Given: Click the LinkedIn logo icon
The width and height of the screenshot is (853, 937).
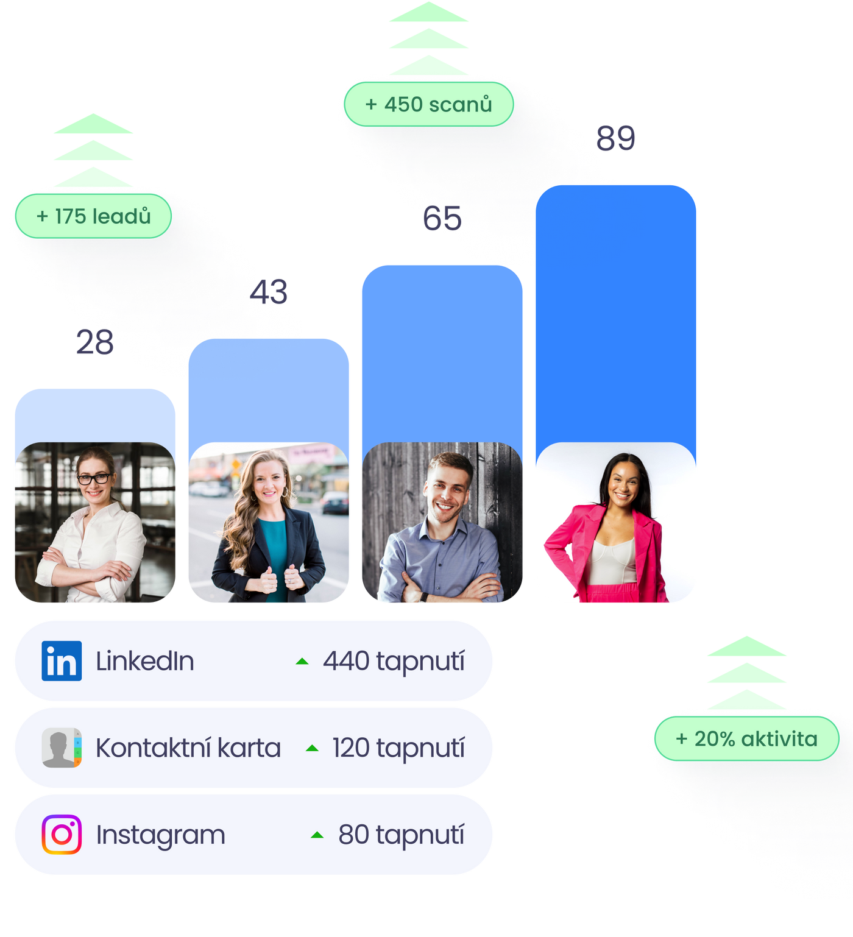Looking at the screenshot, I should pyautogui.click(x=62, y=661).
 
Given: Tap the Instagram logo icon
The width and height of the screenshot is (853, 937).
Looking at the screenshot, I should pyautogui.click(x=62, y=835).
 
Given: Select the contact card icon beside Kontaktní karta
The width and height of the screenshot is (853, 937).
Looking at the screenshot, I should pyautogui.click(x=62, y=748).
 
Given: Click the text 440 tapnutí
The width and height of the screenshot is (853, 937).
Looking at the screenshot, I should pyautogui.click(x=394, y=662).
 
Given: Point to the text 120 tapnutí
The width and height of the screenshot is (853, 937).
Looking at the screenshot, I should pyautogui.click(x=398, y=748).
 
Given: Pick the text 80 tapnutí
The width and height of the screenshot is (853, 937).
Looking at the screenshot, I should pyautogui.click(x=402, y=835).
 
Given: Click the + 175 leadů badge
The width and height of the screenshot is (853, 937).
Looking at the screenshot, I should pyautogui.click(x=93, y=216).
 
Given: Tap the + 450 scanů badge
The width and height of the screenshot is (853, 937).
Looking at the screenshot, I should pyautogui.click(x=428, y=104).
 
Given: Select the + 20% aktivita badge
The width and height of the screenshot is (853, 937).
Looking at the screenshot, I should pyautogui.click(x=746, y=739).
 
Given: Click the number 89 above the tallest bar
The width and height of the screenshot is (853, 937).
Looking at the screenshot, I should pyautogui.click(x=615, y=138).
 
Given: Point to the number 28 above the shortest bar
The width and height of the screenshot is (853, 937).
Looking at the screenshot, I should pyautogui.click(x=94, y=342).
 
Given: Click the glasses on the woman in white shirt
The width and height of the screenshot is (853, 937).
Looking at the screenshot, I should pyautogui.click(x=94, y=479).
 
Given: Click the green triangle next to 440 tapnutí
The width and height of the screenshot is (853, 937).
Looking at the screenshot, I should pyautogui.click(x=302, y=662).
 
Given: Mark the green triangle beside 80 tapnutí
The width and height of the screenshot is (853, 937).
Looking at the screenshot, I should pyautogui.click(x=317, y=835).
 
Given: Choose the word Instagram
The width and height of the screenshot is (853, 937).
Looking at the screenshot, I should pyautogui.click(x=161, y=835).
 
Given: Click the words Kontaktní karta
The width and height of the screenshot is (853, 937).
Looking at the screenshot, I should pyautogui.click(x=188, y=748).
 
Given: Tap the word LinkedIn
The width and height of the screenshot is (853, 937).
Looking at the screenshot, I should pyautogui.click(x=145, y=662).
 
